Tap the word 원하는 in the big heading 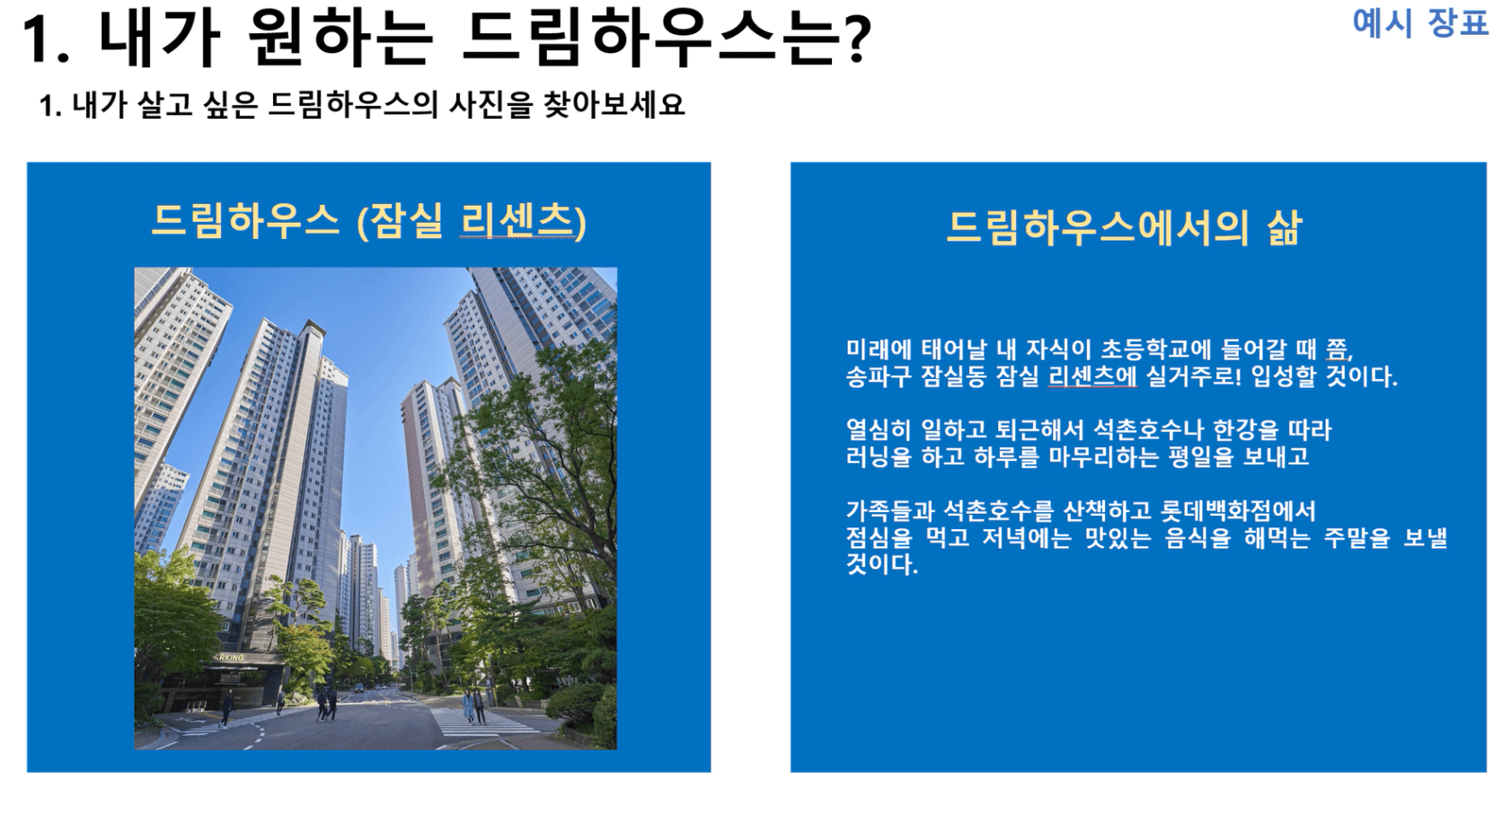click(340, 39)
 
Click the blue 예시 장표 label click(1420, 22)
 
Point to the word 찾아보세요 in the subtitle click(614, 104)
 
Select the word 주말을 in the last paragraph click(1356, 538)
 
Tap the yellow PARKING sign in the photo click(227, 657)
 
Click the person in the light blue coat click(468, 706)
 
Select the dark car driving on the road click(358, 688)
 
